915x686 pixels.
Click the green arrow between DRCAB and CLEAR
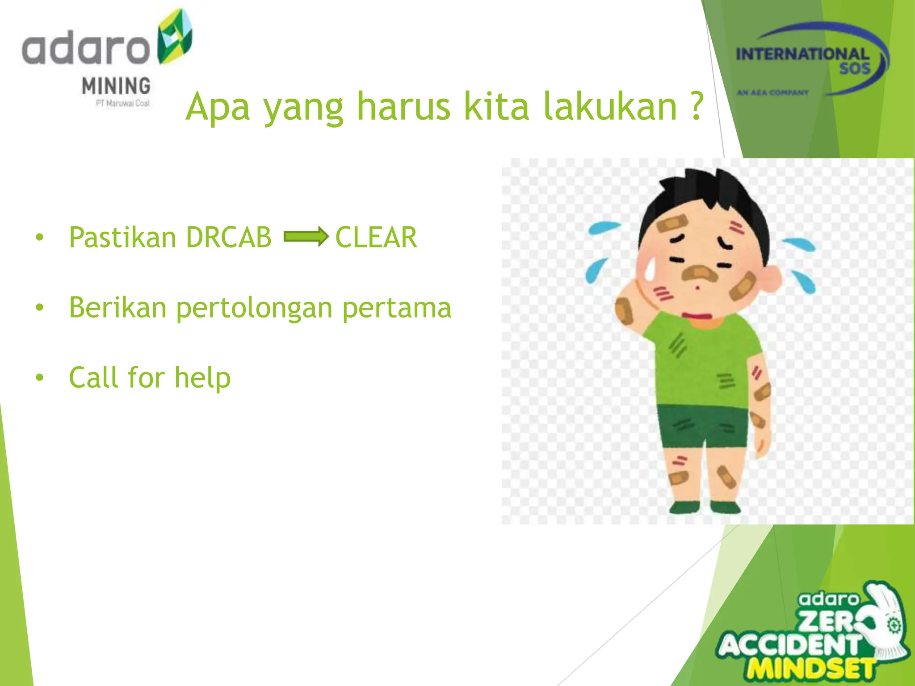click(x=306, y=236)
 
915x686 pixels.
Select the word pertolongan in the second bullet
click(x=254, y=308)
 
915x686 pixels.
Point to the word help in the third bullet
click(x=202, y=377)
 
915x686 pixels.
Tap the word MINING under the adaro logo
click(x=116, y=86)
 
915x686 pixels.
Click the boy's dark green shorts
click(x=701, y=427)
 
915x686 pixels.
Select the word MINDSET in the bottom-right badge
click(x=811, y=669)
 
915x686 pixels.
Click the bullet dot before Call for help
click(x=40, y=378)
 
